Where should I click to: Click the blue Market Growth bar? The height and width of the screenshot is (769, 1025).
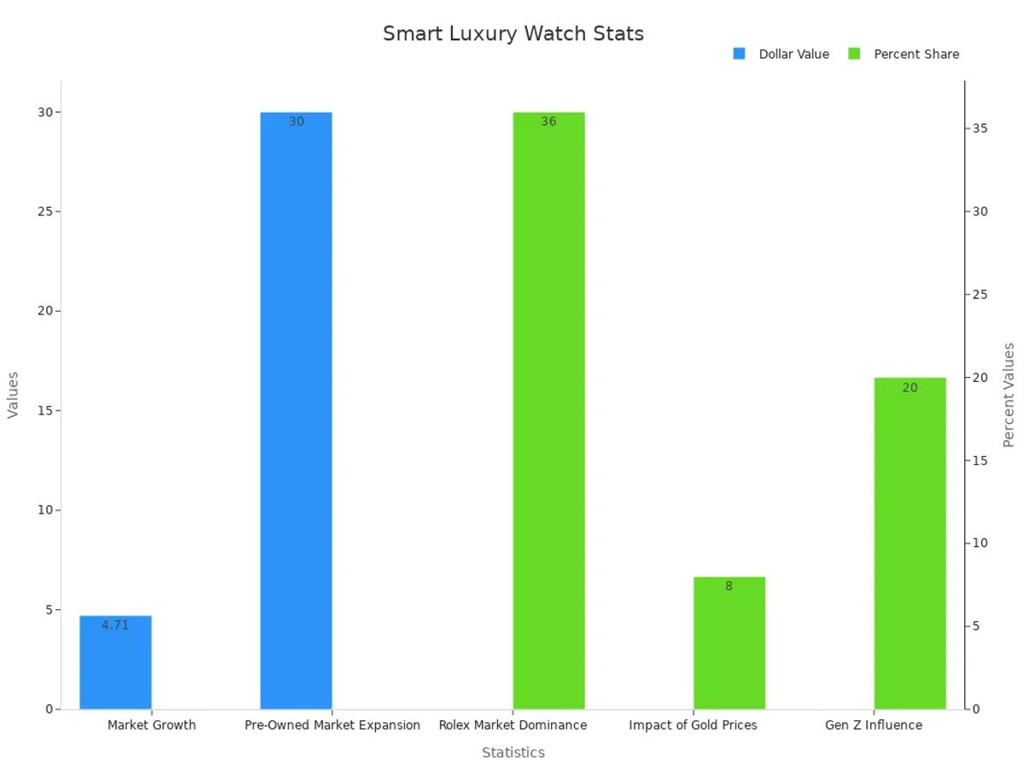[115, 666]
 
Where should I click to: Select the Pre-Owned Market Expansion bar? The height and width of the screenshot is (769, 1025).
[296, 410]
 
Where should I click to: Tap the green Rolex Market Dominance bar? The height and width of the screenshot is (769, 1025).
[548, 410]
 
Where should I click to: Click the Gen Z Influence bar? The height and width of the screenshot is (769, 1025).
[910, 547]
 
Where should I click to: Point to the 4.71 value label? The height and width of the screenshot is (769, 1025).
[115, 625]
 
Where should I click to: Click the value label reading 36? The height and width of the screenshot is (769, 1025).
[548, 122]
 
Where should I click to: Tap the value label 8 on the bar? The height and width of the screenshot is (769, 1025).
[729, 586]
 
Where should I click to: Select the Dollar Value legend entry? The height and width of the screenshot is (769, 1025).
[782, 54]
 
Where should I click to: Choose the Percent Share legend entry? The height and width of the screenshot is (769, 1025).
[905, 54]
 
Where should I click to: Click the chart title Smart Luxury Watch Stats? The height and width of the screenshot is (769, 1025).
[512, 33]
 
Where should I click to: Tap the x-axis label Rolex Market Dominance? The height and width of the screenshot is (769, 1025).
[512, 725]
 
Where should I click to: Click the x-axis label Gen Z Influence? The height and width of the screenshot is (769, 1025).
[873, 725]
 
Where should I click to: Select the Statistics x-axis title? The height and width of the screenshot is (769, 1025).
[512, 753]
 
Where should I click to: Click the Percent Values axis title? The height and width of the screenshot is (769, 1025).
[1009, 395]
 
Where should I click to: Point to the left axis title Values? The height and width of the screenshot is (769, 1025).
[13, 395]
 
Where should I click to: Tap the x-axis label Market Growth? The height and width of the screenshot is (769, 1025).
[151, 725]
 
